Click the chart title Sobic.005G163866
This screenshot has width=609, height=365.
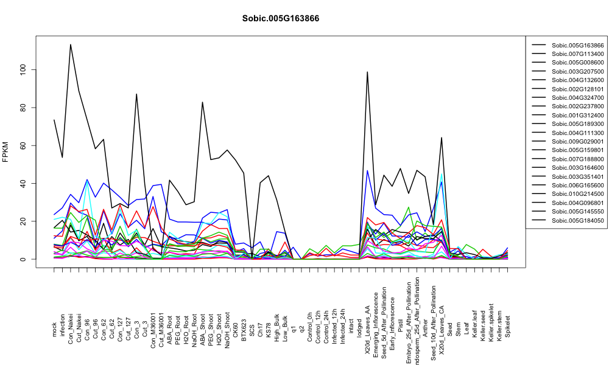280,19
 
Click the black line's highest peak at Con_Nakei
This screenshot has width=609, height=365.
71,44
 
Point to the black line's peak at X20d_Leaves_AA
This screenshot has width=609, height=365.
367,72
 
